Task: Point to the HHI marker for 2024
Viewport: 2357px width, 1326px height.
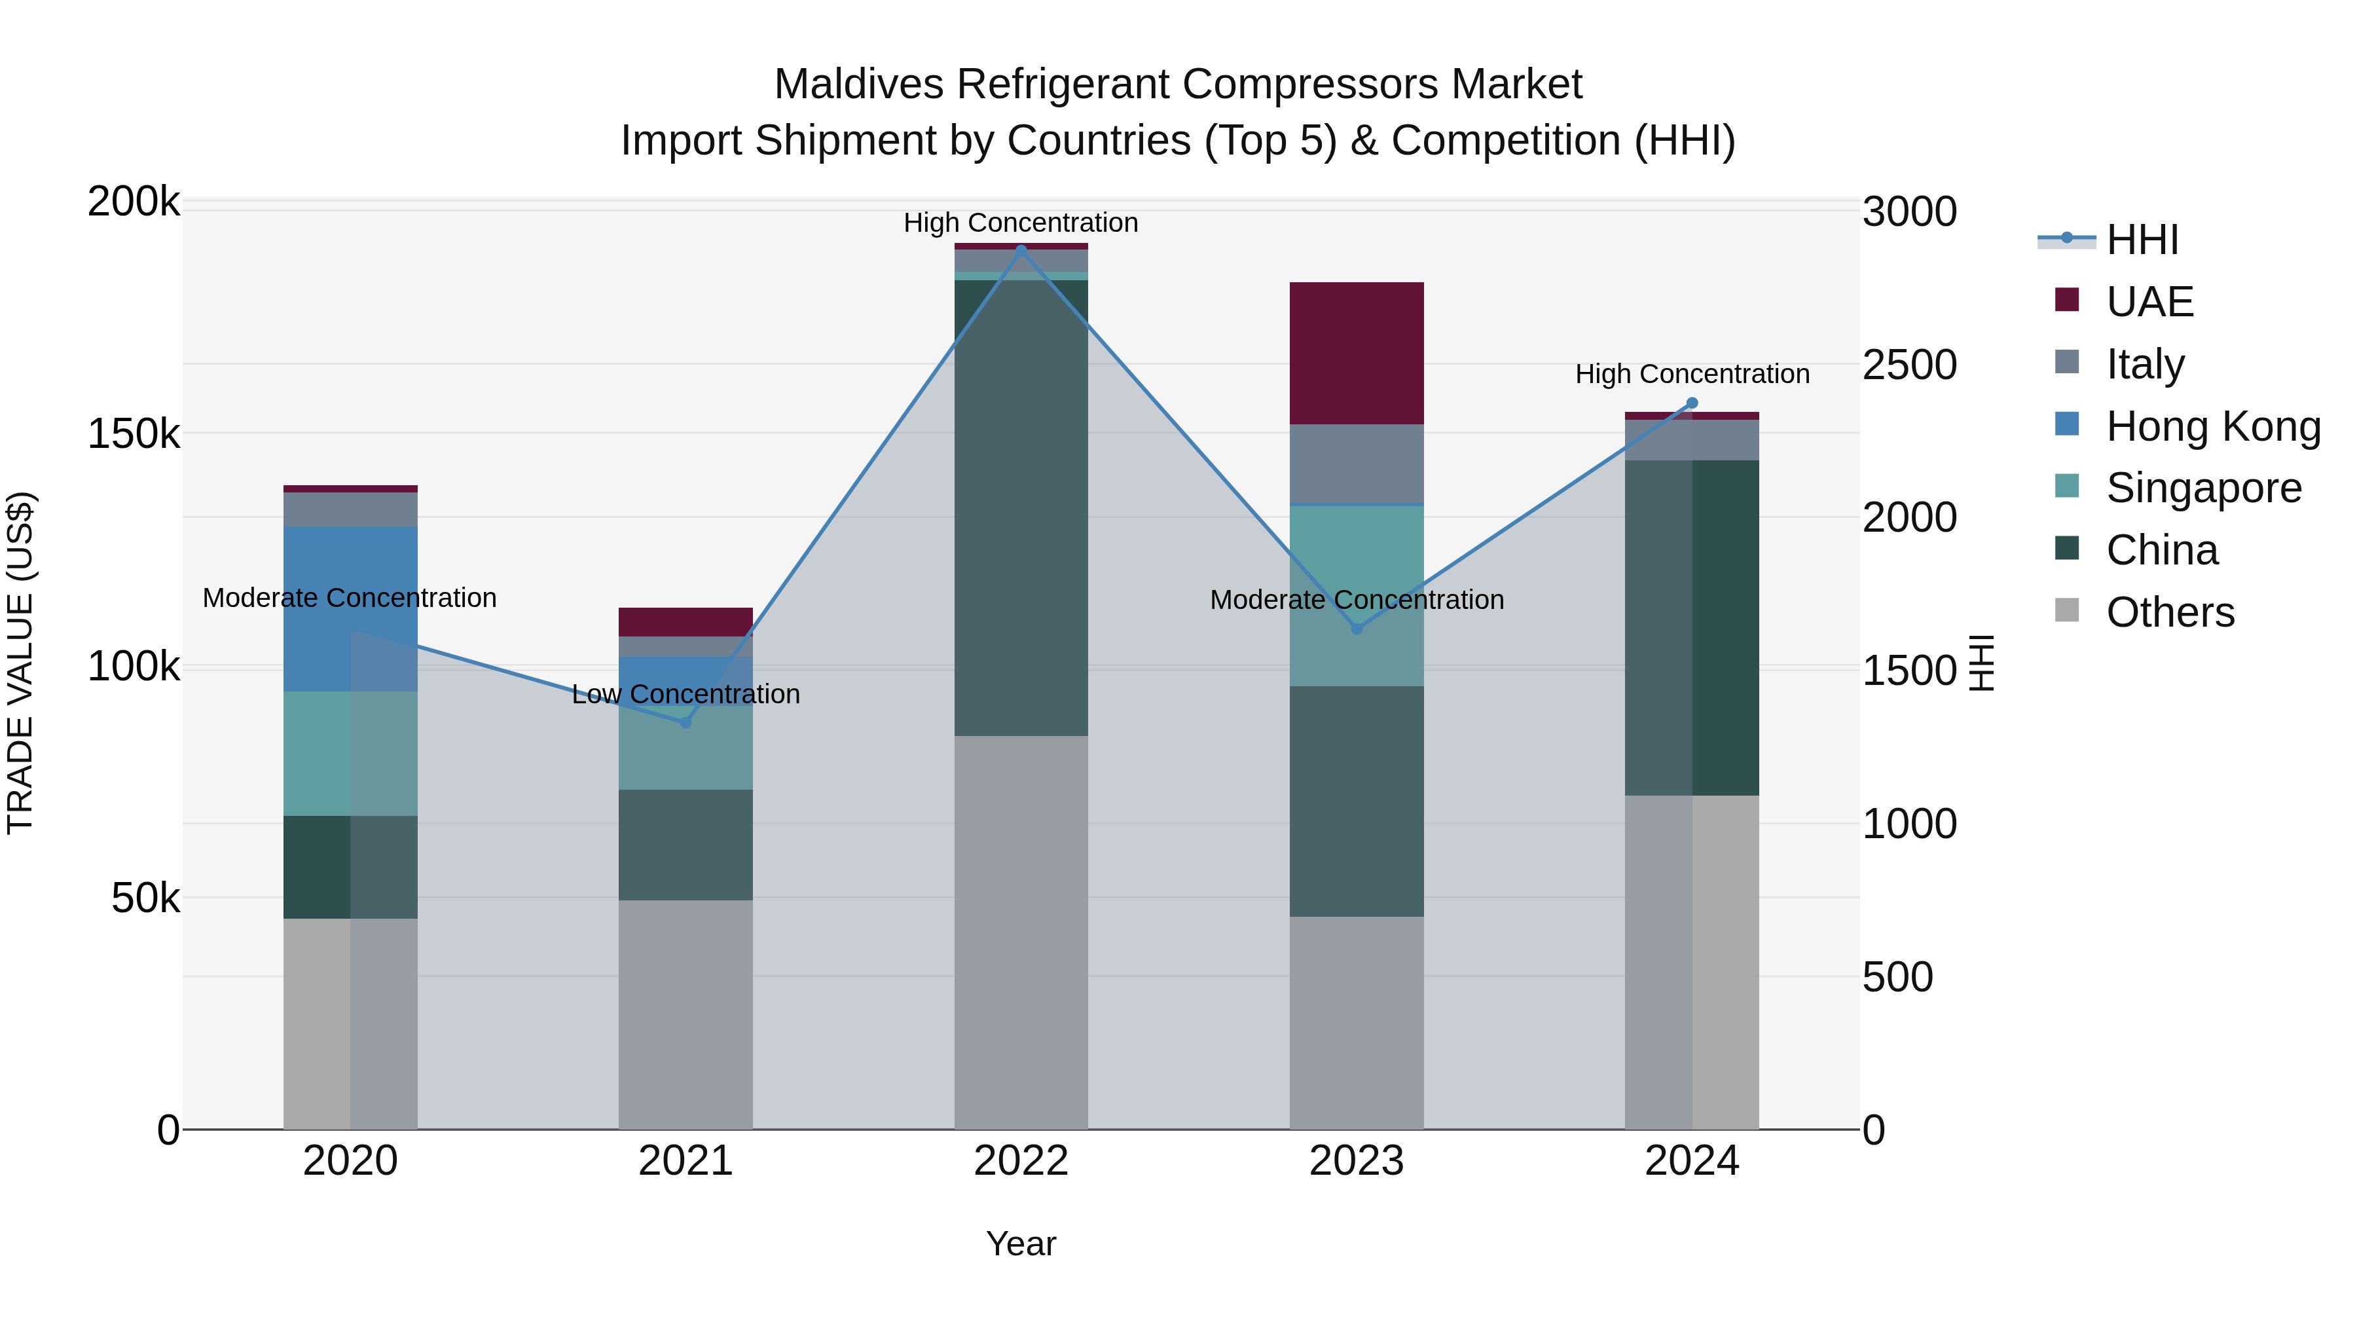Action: [x=1692, y=403]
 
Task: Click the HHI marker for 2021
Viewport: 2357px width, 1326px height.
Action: [x=685, y=722]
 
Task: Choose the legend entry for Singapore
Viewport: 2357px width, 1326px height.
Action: [x=2202, y=488]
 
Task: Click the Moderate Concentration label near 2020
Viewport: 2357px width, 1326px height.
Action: [x=350, y=598]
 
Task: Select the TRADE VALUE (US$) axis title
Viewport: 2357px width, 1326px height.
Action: [x=20, y=663]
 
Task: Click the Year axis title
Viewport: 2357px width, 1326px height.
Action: [x=1021, y=1243]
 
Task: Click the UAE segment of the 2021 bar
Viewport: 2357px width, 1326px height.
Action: [x=685, y=621]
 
